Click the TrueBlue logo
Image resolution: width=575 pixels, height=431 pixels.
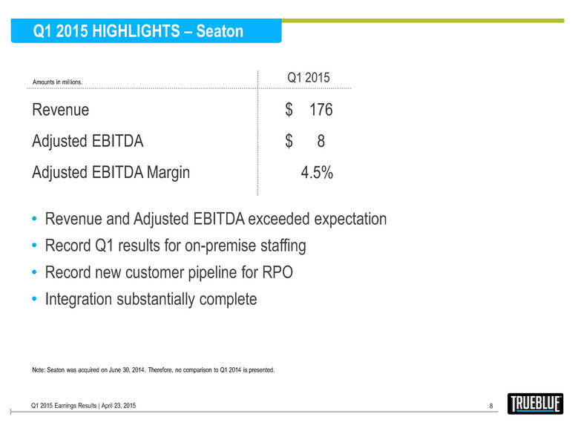tap(536, 404)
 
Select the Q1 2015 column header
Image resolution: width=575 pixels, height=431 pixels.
tap(308, 78)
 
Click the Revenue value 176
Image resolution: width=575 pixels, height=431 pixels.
tap(321, 111)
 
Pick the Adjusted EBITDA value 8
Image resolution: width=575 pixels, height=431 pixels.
tap(321, 142)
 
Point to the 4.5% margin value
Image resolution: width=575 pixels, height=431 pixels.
tap(316, 173)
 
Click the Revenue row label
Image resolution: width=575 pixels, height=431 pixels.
tap(61, 111)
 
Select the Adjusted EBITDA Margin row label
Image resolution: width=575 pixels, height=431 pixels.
tap(111, 173)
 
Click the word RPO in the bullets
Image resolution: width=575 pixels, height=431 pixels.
tap(275, 272)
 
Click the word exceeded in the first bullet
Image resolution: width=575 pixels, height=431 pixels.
tap(287, 220)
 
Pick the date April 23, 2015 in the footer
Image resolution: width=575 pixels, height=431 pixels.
tap(112, 405)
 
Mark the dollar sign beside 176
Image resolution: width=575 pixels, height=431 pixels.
tap(289, 111)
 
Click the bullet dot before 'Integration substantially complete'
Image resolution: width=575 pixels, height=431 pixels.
tap(36, 300)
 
